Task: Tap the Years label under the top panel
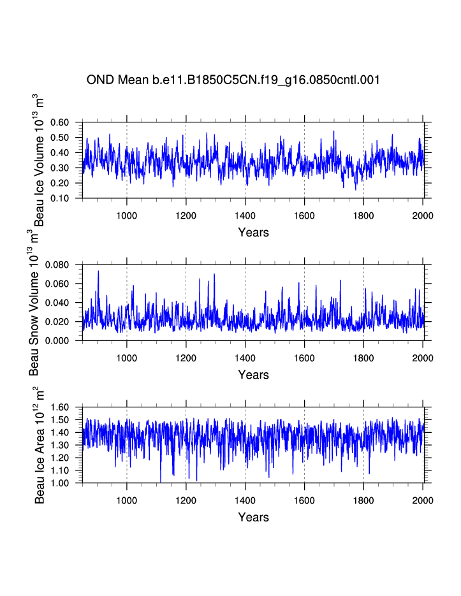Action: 253,232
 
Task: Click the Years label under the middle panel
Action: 253,375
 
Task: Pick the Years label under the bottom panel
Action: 253,517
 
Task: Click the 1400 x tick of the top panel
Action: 245,215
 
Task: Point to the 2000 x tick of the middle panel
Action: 423,358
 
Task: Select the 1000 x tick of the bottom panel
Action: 127,500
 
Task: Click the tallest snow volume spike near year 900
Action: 98,272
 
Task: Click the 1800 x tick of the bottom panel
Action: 363,500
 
